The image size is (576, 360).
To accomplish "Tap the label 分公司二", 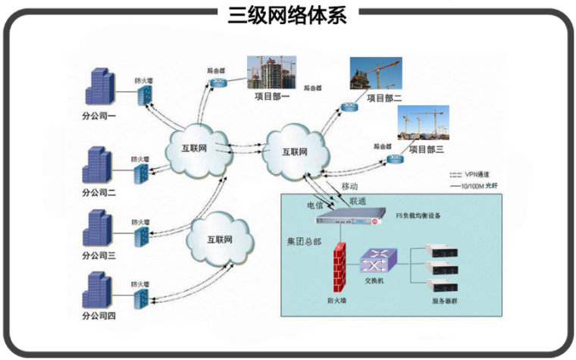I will coord(99,193).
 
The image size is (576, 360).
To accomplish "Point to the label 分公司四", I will coord(99,315).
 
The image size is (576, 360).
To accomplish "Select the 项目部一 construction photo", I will coord(271,72).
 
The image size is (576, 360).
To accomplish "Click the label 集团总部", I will coord(304,242).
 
